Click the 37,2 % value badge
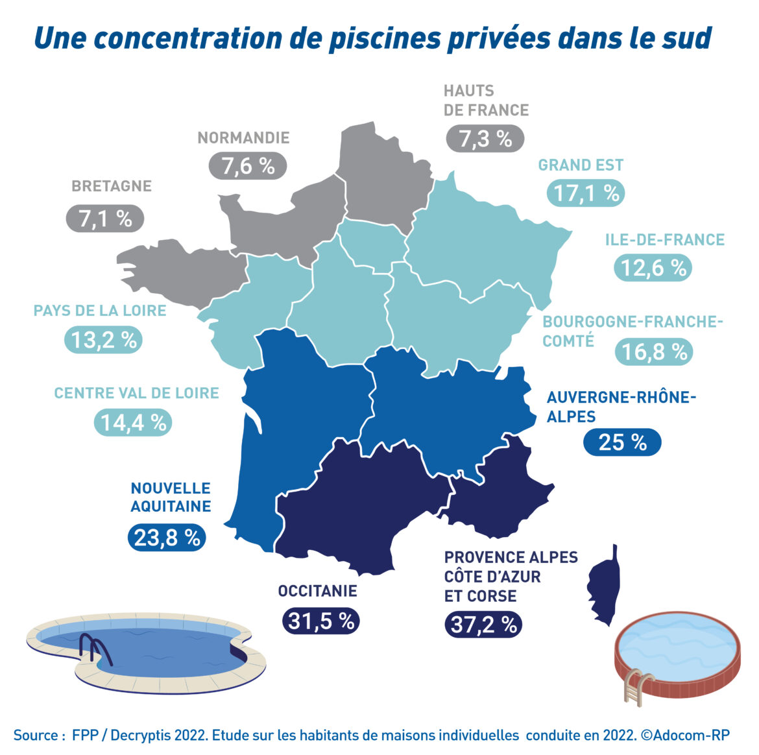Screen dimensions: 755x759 (483, 625)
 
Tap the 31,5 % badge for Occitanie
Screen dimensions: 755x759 (320, 621)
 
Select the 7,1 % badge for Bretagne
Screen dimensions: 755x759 (105, 219)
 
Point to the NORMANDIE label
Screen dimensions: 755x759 (243, 138)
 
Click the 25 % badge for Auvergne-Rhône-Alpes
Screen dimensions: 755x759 (622, 442)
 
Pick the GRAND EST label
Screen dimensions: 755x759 (581, 165)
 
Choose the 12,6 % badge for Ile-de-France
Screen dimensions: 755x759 (653, 268)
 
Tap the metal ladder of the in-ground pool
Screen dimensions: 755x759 (95, 649)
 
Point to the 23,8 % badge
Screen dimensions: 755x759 (167, 538)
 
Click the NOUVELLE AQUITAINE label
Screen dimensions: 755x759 (171, 497)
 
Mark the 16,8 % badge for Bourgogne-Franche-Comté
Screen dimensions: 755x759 (654, 352)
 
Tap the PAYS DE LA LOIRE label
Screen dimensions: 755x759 (100, 311)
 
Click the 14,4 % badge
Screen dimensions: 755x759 (133, 423)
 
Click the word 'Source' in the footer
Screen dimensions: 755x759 (36, 735)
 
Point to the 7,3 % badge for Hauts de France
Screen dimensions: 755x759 (485, 139)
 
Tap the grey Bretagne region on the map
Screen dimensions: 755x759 (175, 269)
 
